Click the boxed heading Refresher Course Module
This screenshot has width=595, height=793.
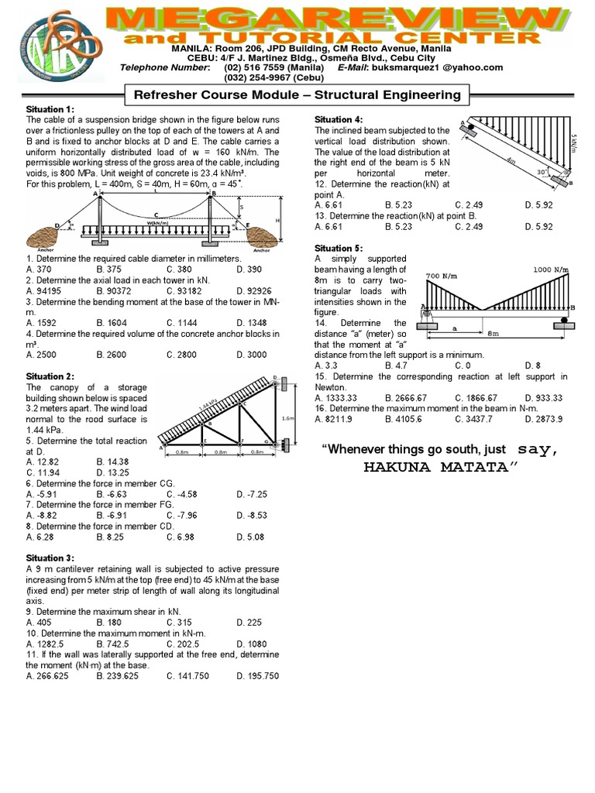tap(297, 95)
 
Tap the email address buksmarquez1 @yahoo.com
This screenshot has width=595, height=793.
tap(441, 67)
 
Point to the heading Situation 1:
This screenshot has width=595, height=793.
tap(50, 110)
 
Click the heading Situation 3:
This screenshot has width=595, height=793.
tap(50, 558)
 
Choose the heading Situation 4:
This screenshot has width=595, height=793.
tap(339, 120)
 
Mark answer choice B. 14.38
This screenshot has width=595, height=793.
tap(112, 460)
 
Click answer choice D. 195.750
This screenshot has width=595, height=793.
tap(257, 675)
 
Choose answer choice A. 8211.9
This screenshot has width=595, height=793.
tap(334, 419)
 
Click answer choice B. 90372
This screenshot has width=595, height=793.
tap(114, 290)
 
